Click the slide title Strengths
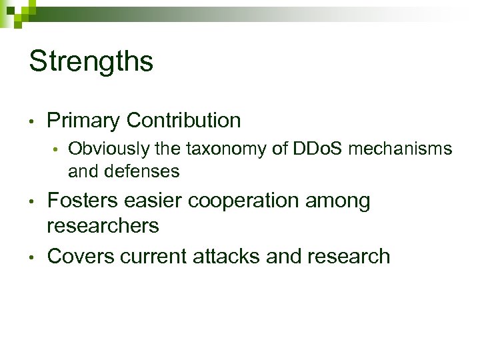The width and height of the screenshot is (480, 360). click(91, 61)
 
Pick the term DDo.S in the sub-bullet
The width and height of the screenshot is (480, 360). click(318, 149)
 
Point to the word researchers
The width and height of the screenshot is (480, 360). click(103, 226)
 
